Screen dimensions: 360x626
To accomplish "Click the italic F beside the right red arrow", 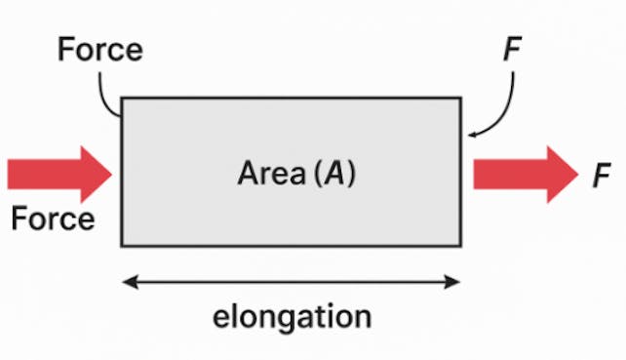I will pos(601,176).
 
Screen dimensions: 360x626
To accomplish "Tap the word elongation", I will pos(293,317).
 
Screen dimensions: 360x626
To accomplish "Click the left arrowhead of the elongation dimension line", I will pos(127,283).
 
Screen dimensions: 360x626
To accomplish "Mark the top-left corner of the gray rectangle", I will pos(122,98).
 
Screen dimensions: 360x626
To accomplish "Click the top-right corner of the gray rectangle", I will pos(460,98).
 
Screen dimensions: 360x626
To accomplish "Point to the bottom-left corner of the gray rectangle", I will pos(122,245).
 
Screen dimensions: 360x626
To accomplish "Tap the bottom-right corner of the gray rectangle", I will pos(460,245).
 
